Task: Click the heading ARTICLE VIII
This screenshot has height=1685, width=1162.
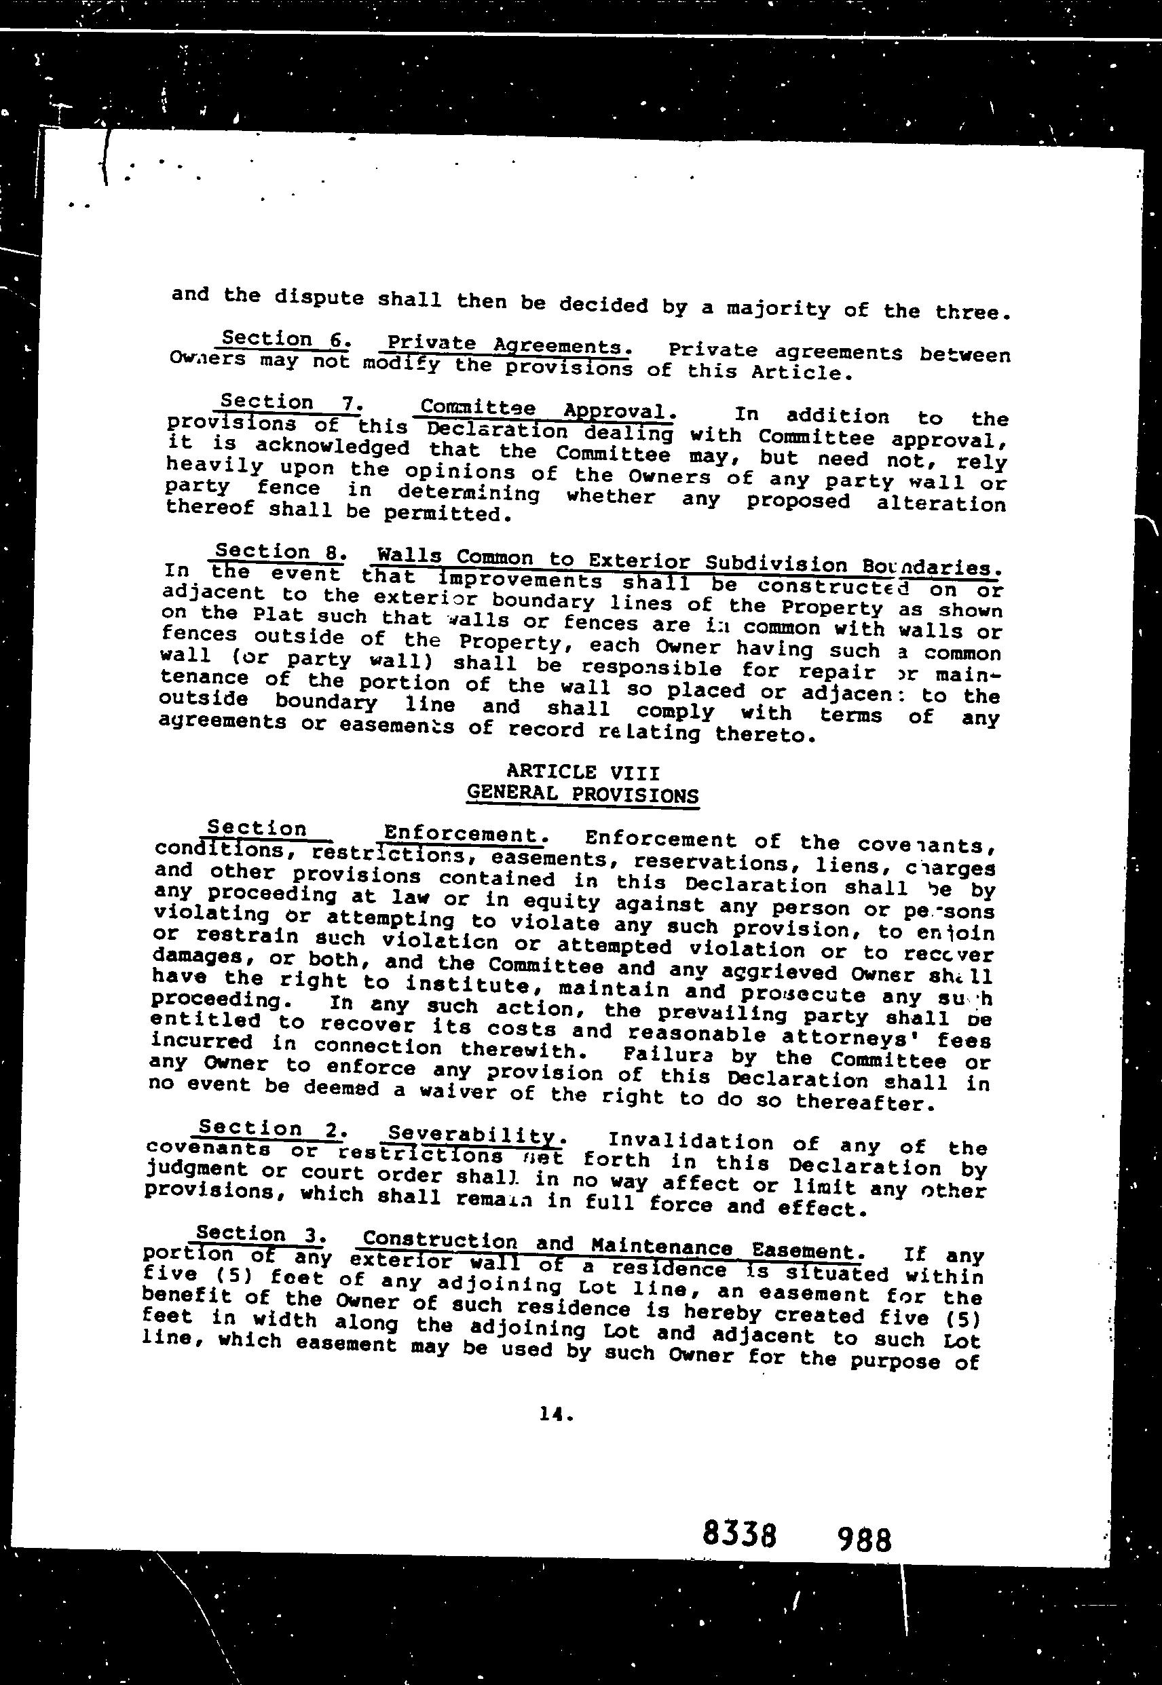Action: pos(582,772)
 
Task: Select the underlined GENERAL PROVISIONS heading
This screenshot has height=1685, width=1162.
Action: pos(582,793)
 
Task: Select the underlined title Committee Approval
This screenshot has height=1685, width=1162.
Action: pos(544,409)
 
